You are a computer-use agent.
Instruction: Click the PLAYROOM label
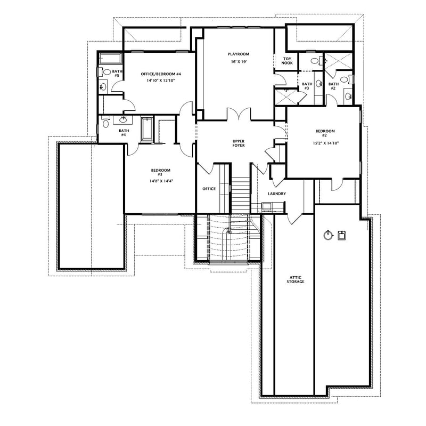[x=239, y=54]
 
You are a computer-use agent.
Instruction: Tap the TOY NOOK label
[x=288, y=61]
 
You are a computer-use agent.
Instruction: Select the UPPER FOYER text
[x=238, y=143]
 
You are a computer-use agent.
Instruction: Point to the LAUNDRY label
[x=277, y=194]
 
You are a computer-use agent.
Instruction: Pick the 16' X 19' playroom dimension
[x=239, y=62]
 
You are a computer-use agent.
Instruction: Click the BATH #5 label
[x=117, y=73]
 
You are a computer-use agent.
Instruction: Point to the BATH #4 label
[x=124, y=133]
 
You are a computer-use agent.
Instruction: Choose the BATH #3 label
[x=307, y=86]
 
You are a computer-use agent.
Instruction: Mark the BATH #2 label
[x=333, y=86]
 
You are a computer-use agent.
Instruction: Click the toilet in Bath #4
[x=105, y=124]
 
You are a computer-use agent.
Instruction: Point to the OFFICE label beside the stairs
[x=209, y=189]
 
